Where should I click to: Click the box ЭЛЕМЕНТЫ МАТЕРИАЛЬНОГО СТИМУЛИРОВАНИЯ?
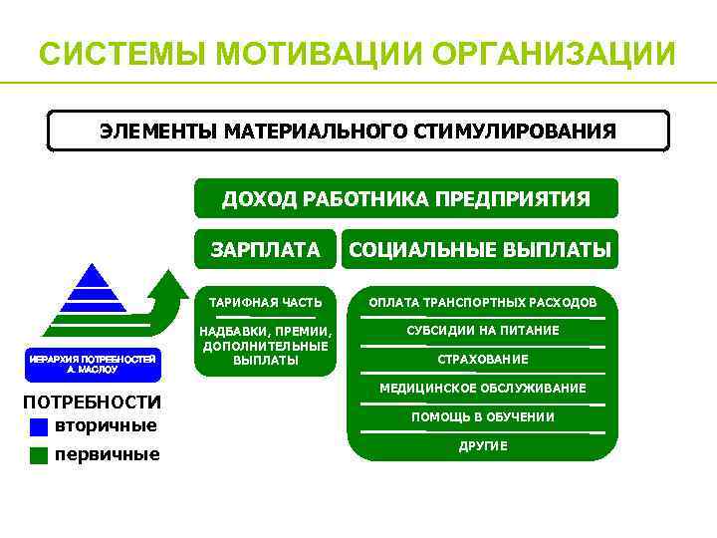[358, 131]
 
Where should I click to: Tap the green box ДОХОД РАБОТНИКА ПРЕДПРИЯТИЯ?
[405, 198]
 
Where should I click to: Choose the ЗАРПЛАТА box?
[265, 250]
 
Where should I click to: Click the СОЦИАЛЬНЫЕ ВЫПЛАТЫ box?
[480, 250]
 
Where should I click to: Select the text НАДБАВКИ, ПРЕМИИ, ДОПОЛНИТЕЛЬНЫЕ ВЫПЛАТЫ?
[265, 345]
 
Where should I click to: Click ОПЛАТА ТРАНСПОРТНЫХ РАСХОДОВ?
[482, 302]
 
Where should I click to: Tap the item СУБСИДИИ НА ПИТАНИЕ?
[482, 331]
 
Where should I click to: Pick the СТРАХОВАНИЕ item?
[482, 360]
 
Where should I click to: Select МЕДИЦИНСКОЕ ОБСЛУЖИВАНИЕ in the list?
[482, 389]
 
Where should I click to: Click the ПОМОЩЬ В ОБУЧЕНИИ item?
[482, 417]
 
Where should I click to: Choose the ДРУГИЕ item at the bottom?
[482, 446]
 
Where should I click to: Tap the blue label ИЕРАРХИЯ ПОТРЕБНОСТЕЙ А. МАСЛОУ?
[92, 363]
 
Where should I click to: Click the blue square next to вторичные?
[39, 427]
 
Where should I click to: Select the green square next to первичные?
[39, 455]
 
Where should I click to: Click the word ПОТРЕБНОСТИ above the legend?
[92, 403]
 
